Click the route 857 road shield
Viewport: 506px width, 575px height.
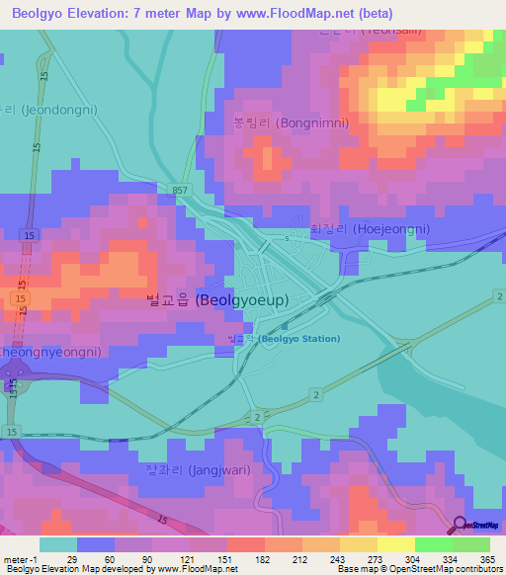(178, 188)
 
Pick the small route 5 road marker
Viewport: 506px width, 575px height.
(288, 238)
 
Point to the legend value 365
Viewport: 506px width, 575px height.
(485, 558)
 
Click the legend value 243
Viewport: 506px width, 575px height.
(321, 558)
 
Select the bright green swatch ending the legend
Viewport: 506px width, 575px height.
(470, 544)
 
